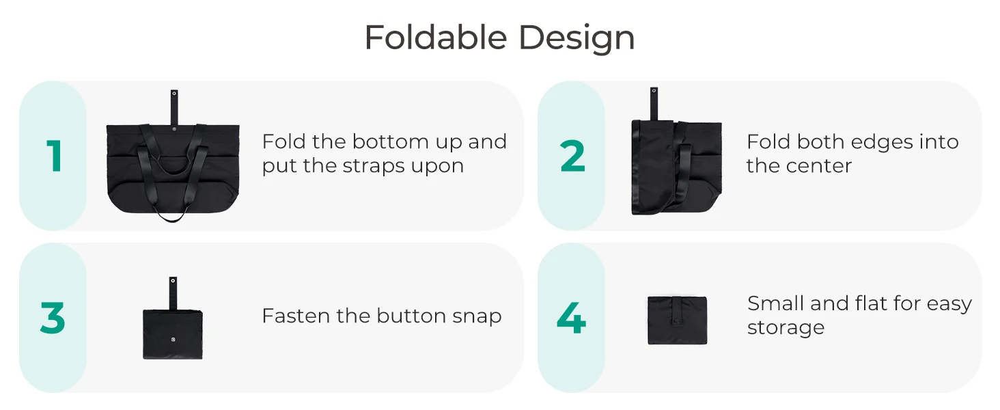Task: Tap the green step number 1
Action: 55,156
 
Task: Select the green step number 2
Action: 572,156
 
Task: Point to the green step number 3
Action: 53,318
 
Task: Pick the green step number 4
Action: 571,318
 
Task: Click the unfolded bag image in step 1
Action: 173,167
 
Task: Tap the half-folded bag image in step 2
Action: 676,167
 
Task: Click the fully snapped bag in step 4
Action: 677,320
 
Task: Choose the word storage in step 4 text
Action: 786,328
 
